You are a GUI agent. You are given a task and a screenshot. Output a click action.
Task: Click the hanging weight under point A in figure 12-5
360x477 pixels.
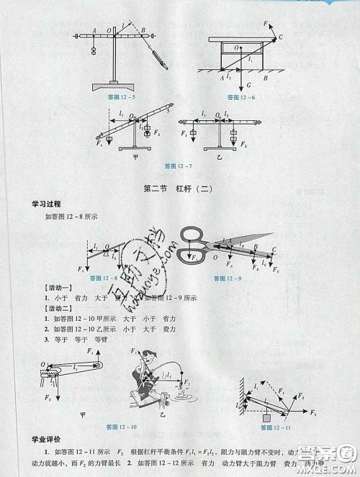click(94, 50)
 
